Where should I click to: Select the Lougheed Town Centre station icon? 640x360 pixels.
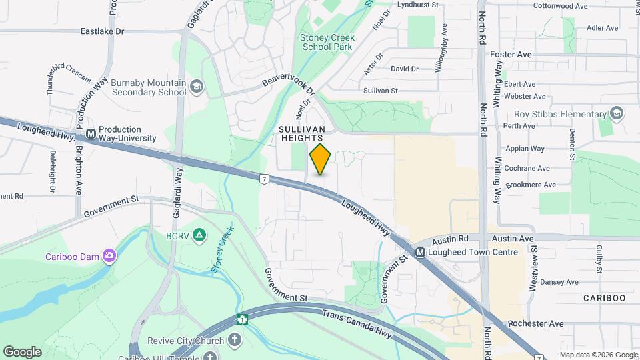[x=420, y=253]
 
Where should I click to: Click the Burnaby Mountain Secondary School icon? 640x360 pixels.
[x=197, y=87]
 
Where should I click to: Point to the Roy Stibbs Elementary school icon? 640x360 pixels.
[x=617, y=113]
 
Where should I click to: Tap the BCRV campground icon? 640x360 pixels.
[x=198, y=235]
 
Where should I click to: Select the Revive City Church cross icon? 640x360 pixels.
[x=235, y=340]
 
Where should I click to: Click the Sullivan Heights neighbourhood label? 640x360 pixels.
[x=302, y=133]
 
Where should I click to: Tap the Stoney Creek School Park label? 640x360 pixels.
[x=327, y=42]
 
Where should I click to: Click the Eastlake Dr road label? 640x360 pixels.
[x=102, y=31]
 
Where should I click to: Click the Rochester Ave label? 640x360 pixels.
[x=535, y=324]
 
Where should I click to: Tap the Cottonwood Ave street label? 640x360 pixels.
[x=560, y=6]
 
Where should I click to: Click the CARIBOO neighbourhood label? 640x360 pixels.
[x=604, y=298]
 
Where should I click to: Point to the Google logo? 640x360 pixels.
[x=22, y=351]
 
